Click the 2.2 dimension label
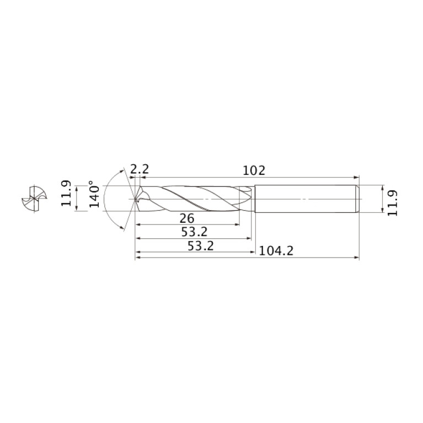coord(140,170)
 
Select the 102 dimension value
coord(254,170)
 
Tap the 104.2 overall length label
coord(276,251)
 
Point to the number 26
coord(187,218)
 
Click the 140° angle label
coord(94,194)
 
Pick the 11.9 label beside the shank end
coord(392,203)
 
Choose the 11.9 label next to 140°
coord(66,193)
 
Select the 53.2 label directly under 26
coord(194,232)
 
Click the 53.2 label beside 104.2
coord(200,246)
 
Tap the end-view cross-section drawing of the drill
coord(34,199)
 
